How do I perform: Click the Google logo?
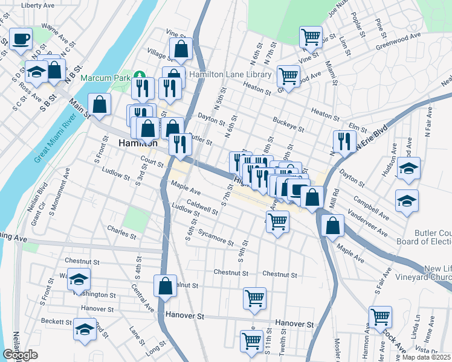20,355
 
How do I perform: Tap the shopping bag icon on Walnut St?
165,286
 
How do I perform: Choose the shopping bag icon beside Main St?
99,104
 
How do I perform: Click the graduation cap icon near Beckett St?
83,330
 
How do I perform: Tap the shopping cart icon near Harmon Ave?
380,316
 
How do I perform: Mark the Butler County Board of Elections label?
431,238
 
